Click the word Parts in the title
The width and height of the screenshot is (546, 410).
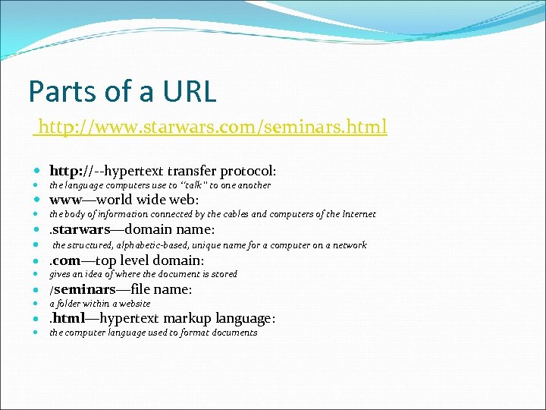pos(57,91)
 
